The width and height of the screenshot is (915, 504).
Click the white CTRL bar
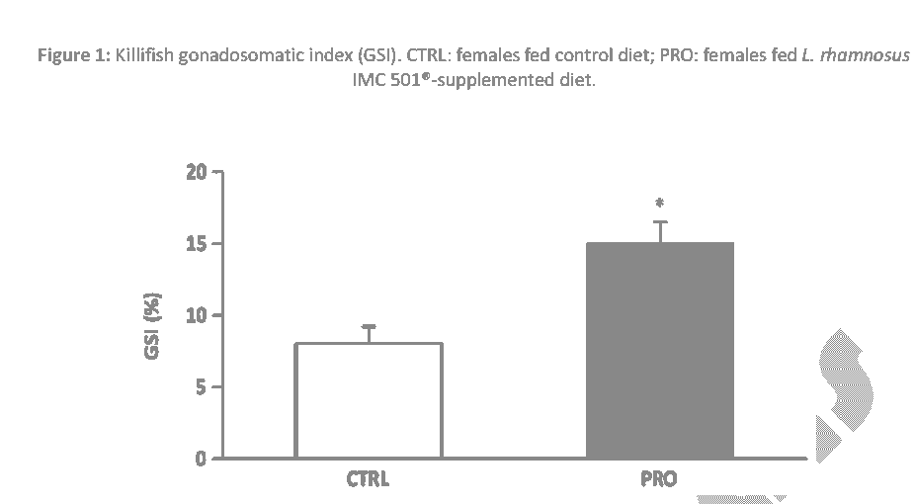[369, 400]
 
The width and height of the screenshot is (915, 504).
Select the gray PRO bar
[660, 350]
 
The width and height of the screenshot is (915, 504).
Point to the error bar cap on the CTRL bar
[369, 326]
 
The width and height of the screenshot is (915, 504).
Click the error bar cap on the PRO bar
[660, 222]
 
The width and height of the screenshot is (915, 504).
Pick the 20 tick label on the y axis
[198, 173]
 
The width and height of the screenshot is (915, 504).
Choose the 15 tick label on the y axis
[198, 244]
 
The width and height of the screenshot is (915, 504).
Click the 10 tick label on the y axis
[198, 316]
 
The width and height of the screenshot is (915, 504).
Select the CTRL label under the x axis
[368, 479]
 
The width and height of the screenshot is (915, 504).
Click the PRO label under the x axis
[659, 479]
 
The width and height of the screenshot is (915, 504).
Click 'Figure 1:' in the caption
[73, 55]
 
